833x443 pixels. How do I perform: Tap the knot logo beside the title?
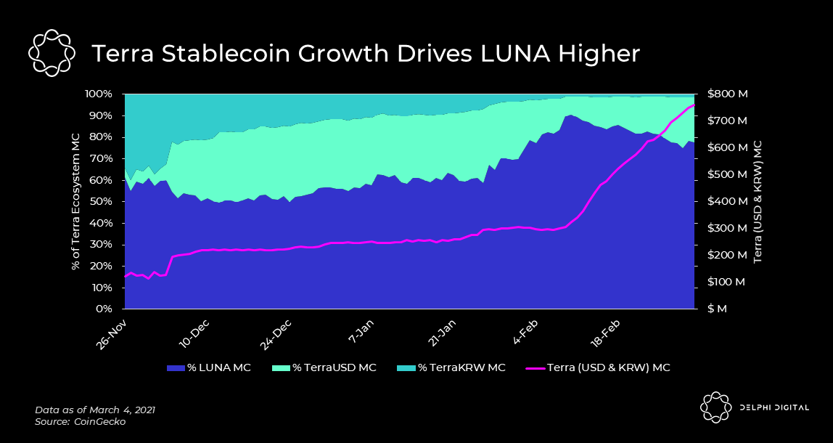(52, 53)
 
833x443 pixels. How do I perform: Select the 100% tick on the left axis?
(98, 94)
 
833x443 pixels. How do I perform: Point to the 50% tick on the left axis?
(101, 202)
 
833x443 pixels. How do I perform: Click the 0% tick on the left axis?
(104, 309)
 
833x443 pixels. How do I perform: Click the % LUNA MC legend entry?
(209, 367)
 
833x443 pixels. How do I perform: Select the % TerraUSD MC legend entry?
(324, 367)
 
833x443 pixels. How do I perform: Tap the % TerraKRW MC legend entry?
(451, 367)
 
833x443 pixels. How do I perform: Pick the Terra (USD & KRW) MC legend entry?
(596, 367)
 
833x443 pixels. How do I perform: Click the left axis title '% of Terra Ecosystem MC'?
(75, 202)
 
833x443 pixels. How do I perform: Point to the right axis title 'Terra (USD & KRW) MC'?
(759, 202)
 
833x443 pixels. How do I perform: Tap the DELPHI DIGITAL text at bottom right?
(775, 407)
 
